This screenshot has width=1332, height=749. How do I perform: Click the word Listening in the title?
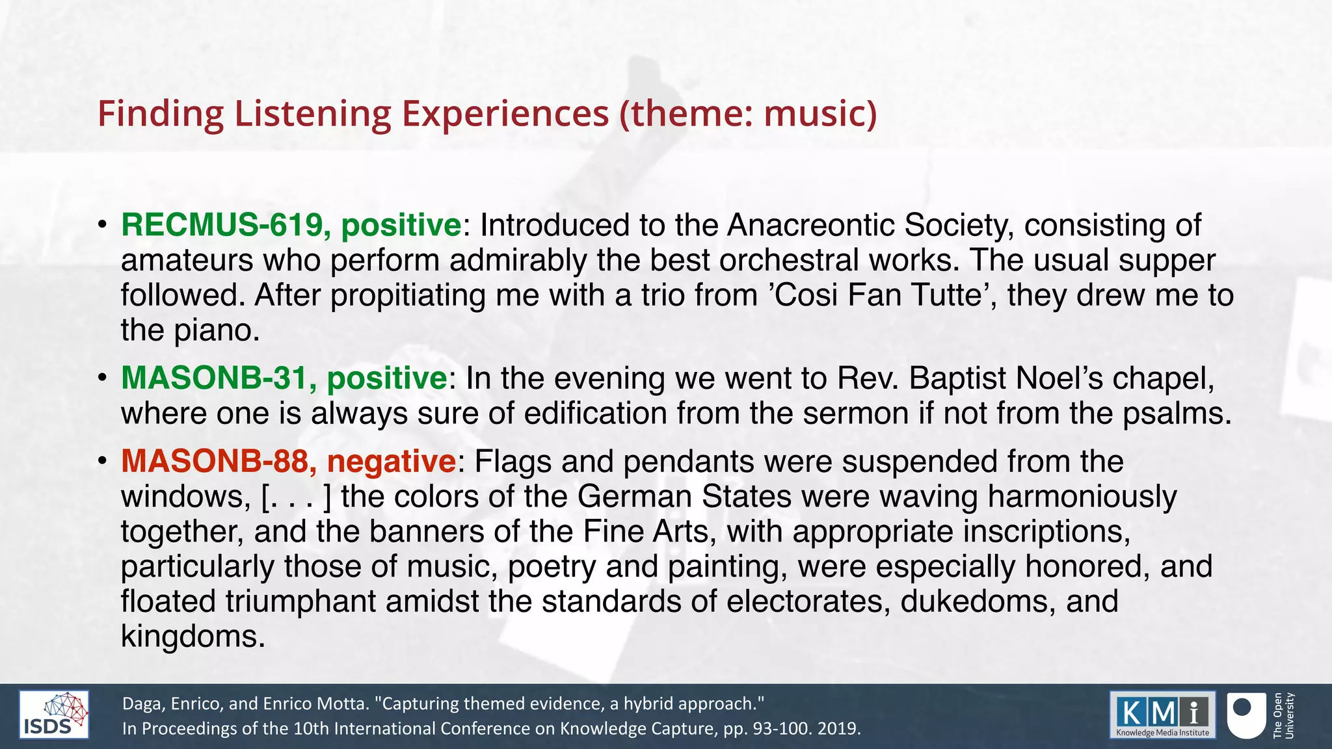[x=312, y=114]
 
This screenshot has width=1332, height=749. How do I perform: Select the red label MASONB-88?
[x=215, y=462]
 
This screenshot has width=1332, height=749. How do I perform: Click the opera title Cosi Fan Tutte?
[x=881, y=295]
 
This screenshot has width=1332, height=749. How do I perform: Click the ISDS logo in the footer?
[x=54, y=715]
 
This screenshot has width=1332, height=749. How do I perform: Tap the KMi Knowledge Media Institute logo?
[x=1162, y=715]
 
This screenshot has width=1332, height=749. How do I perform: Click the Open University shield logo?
[x=1245, y=715]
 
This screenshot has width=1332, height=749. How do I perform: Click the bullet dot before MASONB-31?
[x=102, y=378]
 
